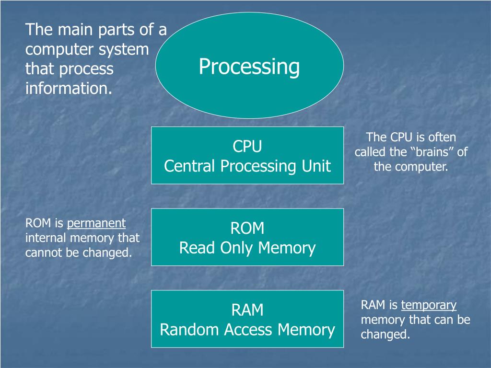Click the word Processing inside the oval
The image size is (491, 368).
(249, 67)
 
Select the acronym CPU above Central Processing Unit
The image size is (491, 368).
(247, 146)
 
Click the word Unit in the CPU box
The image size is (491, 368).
(316, 166)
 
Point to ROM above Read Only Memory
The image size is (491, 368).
(247, 228)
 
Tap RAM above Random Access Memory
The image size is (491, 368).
(247, 310)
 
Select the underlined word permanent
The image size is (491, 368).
(96, 223)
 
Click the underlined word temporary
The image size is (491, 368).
(429, 305)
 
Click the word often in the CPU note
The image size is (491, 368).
(442, 138)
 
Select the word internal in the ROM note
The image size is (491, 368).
(46, 238)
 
